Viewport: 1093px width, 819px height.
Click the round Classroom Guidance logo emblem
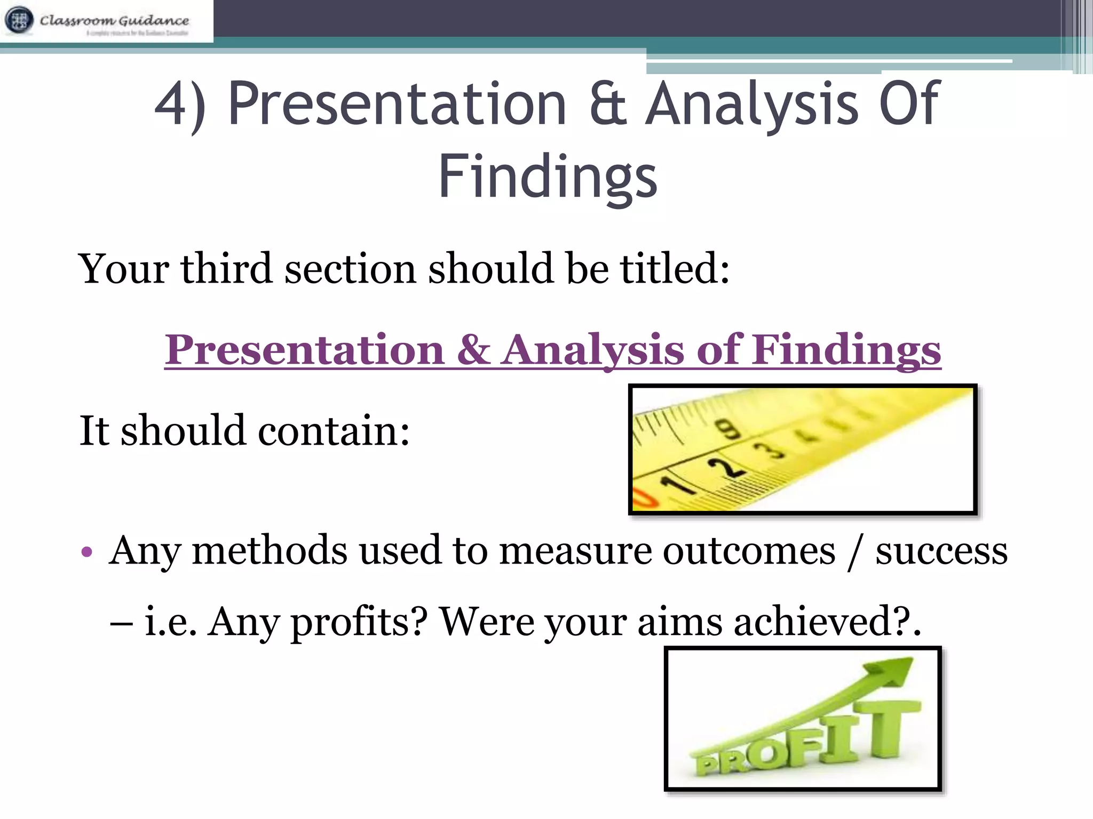[19, 20]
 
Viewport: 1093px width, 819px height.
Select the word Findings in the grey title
[548, 176]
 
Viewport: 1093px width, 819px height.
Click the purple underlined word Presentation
[304, 350]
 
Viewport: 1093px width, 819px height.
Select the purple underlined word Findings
[847, 350]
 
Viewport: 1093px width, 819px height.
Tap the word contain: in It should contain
[334, 431]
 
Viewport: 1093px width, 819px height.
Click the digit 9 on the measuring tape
[729, 429]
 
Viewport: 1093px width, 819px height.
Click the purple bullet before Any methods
[87, 551]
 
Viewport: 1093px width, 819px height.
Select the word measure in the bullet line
[575, 551]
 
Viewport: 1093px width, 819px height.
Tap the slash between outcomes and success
[855, 552]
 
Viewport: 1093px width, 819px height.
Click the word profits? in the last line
[359, 622]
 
